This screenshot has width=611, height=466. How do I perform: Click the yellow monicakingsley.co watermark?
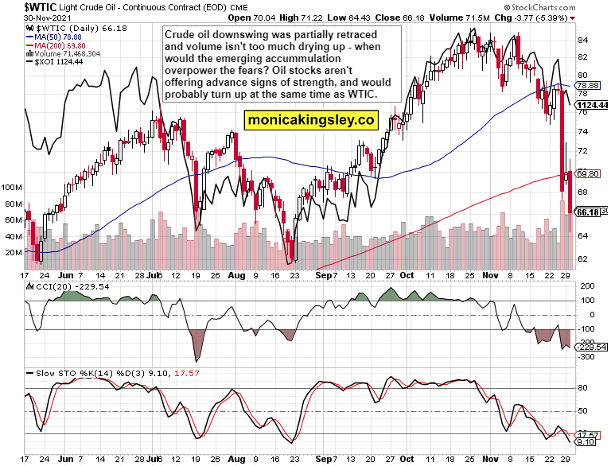[x=310, y=120]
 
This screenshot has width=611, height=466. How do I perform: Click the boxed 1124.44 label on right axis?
[x=592, y=105]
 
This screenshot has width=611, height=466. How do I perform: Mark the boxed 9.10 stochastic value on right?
[x=586, y=441]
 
